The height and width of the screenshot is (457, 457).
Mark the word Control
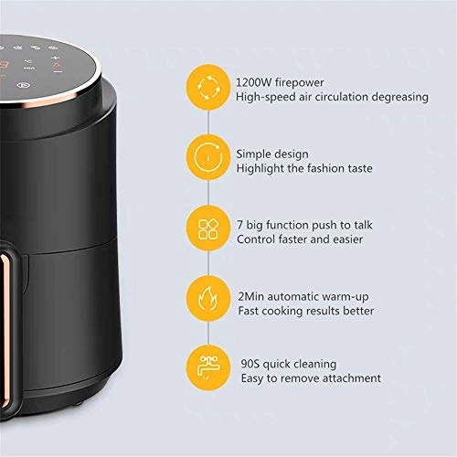[x=258, y=239]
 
